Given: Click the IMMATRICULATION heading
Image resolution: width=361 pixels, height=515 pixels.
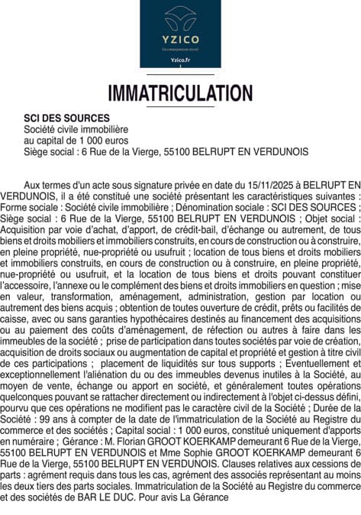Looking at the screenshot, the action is point(180,93).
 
